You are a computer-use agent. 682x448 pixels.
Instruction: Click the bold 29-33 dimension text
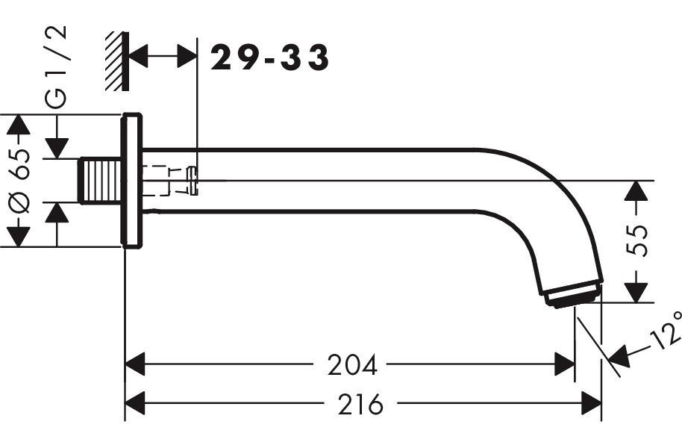[269, 57]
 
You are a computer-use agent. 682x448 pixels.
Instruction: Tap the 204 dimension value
[352, 364]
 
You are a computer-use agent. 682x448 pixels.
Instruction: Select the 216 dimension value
[360, 404]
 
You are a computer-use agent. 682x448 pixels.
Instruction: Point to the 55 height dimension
[636, 240]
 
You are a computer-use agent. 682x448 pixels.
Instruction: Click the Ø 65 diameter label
[19, 181]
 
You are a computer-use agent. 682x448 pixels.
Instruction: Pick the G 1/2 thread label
[57, 66]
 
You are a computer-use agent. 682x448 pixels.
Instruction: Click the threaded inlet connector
[100, 181]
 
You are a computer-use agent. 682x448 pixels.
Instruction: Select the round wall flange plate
[132, 181]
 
